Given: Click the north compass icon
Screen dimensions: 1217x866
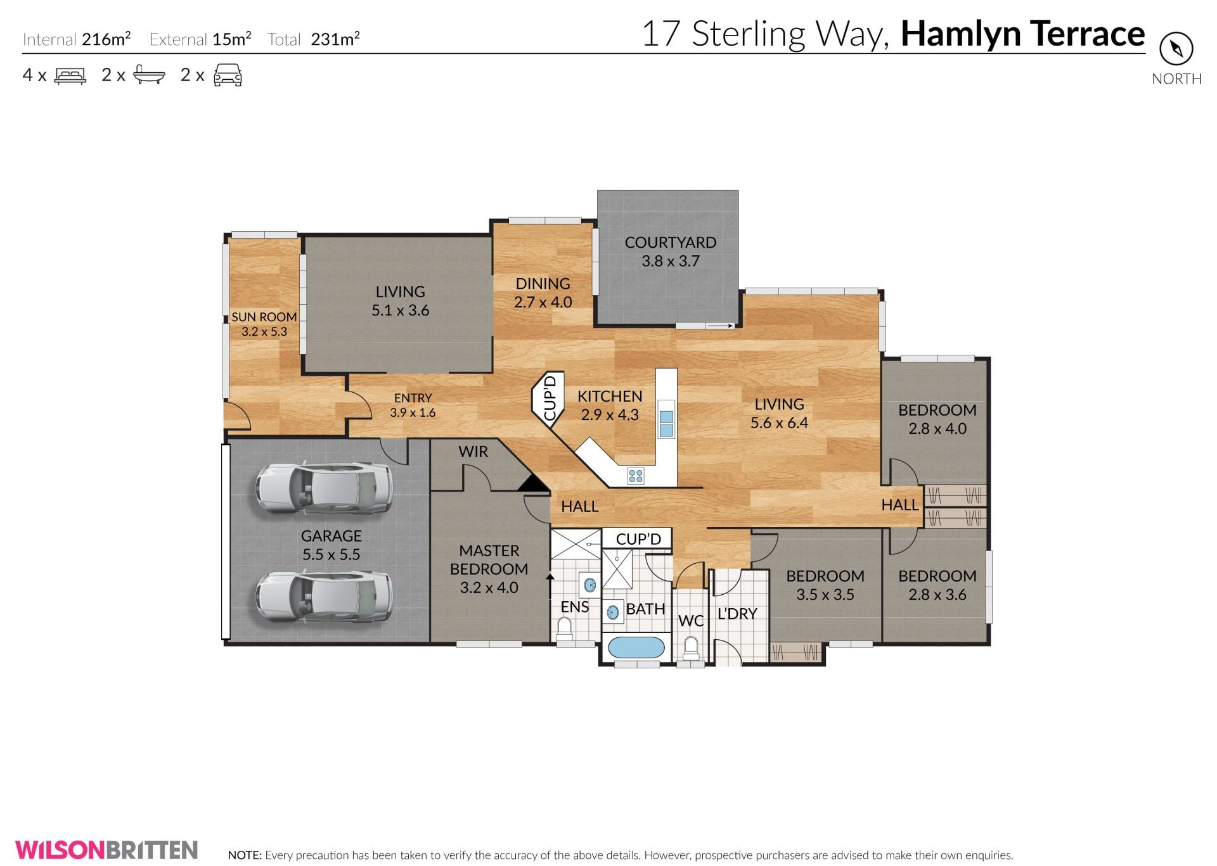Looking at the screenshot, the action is [1176, 49].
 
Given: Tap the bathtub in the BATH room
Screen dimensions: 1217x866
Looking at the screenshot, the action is [636, 647].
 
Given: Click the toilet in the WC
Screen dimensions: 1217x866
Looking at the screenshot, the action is [690, 649].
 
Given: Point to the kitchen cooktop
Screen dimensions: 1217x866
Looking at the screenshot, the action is [636, 476].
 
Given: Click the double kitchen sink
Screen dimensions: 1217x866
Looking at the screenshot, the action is [666, 424].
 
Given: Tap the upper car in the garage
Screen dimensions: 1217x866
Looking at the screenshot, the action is [324, 488].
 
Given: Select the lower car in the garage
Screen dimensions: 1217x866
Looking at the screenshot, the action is [324, 597].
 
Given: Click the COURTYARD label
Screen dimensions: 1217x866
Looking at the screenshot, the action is [671, 243].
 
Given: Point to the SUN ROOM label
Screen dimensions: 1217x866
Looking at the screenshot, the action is [264, 317].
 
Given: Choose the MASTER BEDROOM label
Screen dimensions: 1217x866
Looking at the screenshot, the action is [489, 560].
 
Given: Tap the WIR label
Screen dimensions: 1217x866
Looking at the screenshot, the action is [473, 452].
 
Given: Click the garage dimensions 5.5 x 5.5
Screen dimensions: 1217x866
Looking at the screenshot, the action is [331, 554].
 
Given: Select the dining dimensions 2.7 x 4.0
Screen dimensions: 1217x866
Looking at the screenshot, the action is [543, 302].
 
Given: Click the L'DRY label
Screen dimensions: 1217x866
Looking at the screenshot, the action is [737, 614].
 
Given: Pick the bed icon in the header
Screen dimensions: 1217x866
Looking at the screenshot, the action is [70, 76].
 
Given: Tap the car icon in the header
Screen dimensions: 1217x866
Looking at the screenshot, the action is [228, 75].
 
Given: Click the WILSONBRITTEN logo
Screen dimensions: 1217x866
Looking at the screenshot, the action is [106, 850].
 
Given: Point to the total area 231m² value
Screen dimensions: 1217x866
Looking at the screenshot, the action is [335, 39].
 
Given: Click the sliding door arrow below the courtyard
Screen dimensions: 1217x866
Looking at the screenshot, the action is [721, 326].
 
